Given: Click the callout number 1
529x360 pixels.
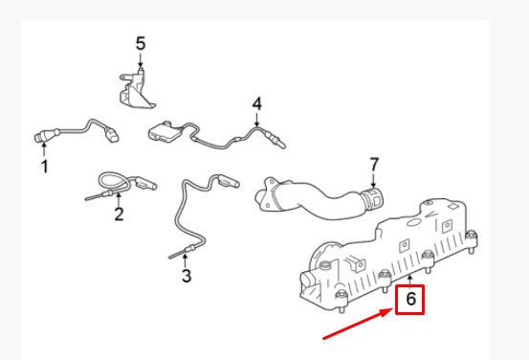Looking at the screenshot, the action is tap(44, 167).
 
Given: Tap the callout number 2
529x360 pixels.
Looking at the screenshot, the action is tap(119, 214).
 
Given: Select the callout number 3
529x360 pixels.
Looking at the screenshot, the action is tap(187, 275).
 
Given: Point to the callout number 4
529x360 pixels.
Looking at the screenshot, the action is tap(257, 103).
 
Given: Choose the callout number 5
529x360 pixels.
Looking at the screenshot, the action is tap(141, 44).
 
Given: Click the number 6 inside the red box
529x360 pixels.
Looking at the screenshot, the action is tap(410, 299).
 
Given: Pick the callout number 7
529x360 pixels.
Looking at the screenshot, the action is tap(374, 165).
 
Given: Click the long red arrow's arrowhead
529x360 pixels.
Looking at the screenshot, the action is tap(389, 312).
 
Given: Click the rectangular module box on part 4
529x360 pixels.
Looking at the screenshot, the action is tap(165, 131).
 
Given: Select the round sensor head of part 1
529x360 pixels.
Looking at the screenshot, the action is tap(41, 136).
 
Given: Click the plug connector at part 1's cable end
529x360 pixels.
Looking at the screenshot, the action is tap(112, 134).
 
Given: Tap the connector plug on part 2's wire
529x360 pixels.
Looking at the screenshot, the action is tap(145, 183).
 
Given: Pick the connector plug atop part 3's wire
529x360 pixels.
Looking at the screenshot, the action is tap(229, 180).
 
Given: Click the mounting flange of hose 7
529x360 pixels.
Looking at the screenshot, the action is tap(266, 194).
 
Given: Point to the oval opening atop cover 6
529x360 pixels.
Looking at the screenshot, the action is tap(413, 222).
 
